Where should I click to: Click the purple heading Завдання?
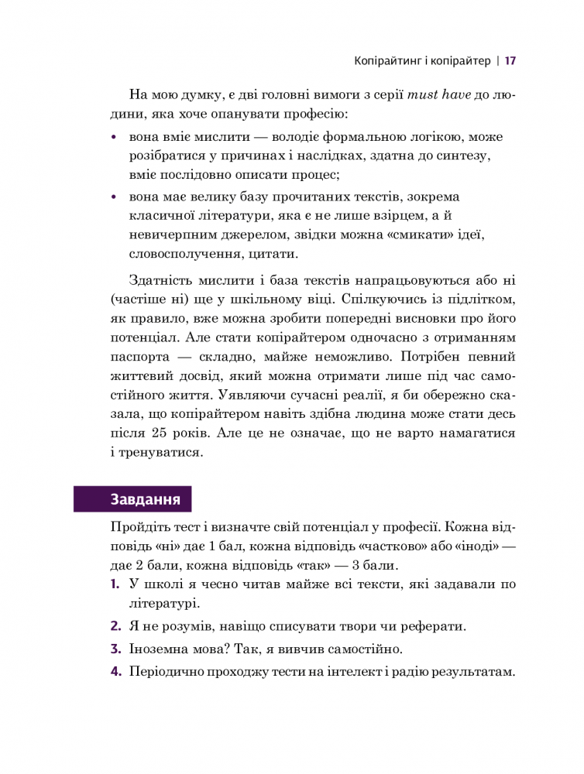(x=146, y=498)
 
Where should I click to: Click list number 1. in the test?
(x=115, y=584)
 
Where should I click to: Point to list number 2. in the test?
(x=115, y=625)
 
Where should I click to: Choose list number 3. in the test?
(x=115, y=649)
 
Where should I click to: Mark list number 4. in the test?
(x=115, y=673)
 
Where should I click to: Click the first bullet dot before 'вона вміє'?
(x=114, y=137)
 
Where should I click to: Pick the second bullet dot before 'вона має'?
(x=114, y=197)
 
